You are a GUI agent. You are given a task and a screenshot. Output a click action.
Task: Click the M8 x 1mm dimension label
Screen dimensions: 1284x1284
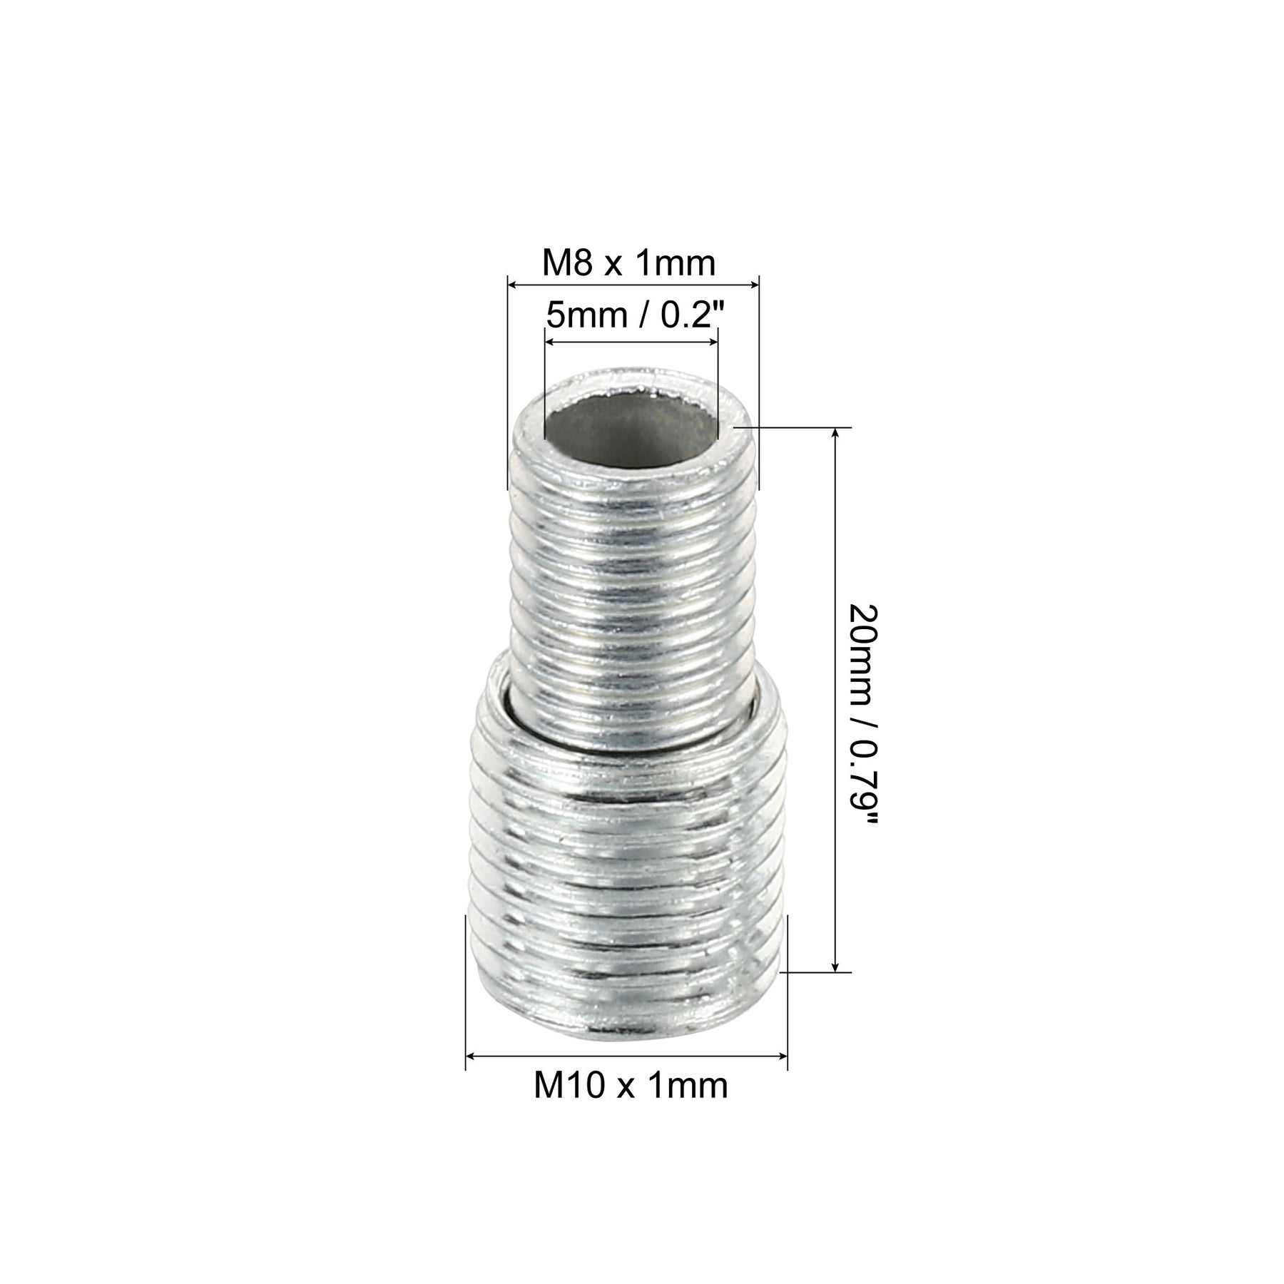(x=628, y=264)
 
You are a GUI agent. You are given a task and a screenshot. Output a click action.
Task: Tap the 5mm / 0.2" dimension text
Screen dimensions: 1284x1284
(x=630, y=315)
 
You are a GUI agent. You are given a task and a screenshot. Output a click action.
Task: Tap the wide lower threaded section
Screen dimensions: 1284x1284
(x=628, y=885)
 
